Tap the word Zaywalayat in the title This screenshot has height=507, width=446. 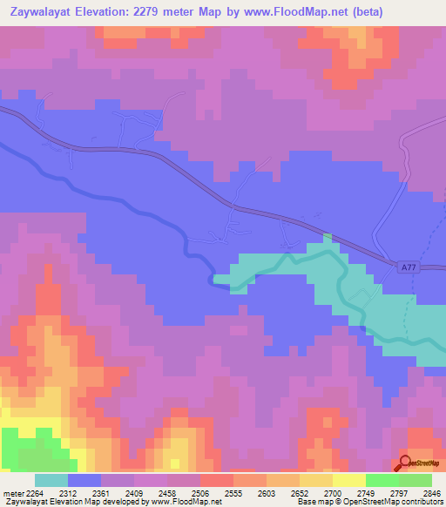point(43,14)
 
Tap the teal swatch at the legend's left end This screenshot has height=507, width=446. point(51,480)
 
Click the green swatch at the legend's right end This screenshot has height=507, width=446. point(415,480)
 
